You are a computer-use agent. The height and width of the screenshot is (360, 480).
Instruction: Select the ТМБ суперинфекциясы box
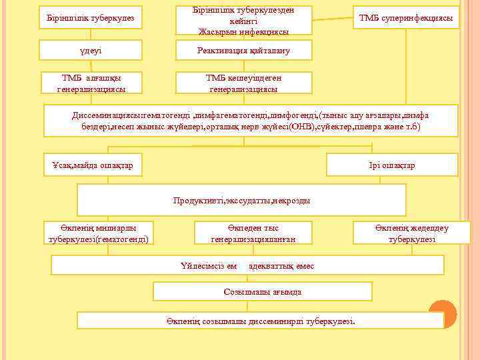(406, 17)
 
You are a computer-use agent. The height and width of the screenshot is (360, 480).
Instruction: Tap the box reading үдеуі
(91, 50)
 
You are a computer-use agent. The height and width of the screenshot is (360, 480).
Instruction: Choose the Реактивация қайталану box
(243, 50)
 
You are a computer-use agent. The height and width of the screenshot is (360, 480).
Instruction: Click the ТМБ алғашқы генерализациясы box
(91, 83)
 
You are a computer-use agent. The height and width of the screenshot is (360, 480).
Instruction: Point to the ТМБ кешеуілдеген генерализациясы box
(243, 83)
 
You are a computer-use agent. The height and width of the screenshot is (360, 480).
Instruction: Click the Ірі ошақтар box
(391, 165)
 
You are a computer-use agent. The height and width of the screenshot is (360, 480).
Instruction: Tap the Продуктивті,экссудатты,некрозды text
(241, 200)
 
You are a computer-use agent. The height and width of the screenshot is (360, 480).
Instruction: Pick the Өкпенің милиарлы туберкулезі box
(98, 233)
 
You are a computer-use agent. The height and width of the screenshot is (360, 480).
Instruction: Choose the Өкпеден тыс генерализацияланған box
(253, 233)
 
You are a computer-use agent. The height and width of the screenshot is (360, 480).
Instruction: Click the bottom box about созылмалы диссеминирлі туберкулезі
(261, 321)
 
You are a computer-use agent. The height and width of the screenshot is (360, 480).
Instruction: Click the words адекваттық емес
(281, 266)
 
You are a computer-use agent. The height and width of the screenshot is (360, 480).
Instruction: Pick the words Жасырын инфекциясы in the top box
(243, 31)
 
